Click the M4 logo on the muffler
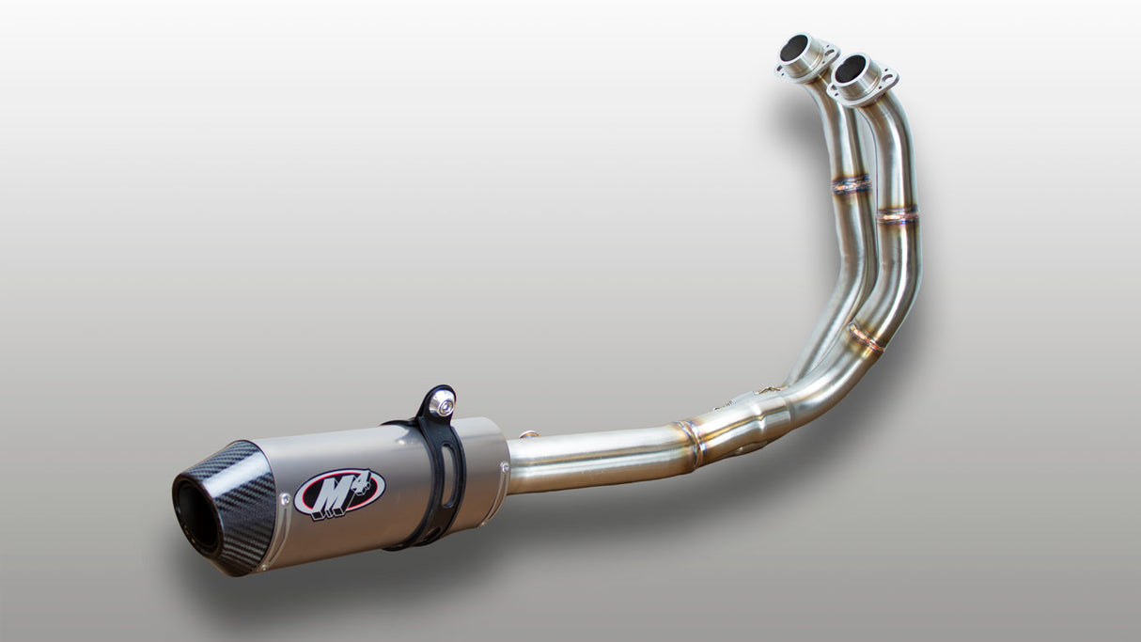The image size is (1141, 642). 339,493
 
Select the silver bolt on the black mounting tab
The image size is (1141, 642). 441,405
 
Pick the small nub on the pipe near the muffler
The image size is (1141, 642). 529,434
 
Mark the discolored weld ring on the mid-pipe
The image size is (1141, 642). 692,443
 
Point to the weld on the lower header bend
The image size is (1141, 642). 864,337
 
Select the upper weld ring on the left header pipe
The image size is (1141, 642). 851,184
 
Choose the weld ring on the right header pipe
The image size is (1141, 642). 898,215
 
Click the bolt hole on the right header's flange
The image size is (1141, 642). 884,75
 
